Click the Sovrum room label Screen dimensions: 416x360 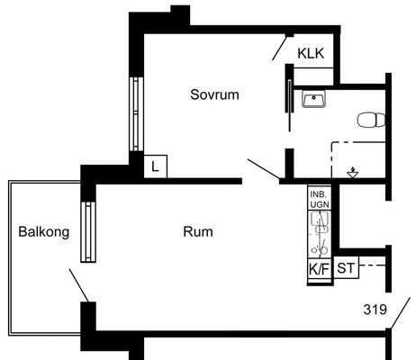pyautogui.click(x=214, y=94)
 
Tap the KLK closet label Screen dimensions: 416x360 pyautogui.click(x=311, y=54)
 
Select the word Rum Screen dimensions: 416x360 pyautogui.click(x=198, y=232)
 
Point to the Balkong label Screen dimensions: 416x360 pyautogui.click(x=44, y=232)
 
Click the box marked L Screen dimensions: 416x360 pyautogui.click(x=156, y=166)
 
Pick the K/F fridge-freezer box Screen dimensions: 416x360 pyautogui.click(x=320, y=269)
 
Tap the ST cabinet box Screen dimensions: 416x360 pyautogui.click(x=346, y=267)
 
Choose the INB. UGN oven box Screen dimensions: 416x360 pyautogui.click(x=320, y=199)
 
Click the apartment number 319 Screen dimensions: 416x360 pyautogui.click(x=375, y=310)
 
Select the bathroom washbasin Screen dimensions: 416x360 pyautogui.click(x=313, y=99)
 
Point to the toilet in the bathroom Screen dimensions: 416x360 pyautogui.click(x=371, y=120)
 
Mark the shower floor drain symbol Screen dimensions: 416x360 pyautogui.click(x=352, y=173)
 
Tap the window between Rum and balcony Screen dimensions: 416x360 pyautogui.click(x=88, y=231)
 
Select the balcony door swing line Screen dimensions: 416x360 pyautogui.click(x=79, y=285)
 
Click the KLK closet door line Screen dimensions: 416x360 pyautogui.click(x=279, y=48)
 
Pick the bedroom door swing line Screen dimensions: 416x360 pyautogui.click(x=264, y=169)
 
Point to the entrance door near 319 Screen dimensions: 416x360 pyautogui.click(x=400, y=313)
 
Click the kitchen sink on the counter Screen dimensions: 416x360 pyautogui.click(x=320, y=221)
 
